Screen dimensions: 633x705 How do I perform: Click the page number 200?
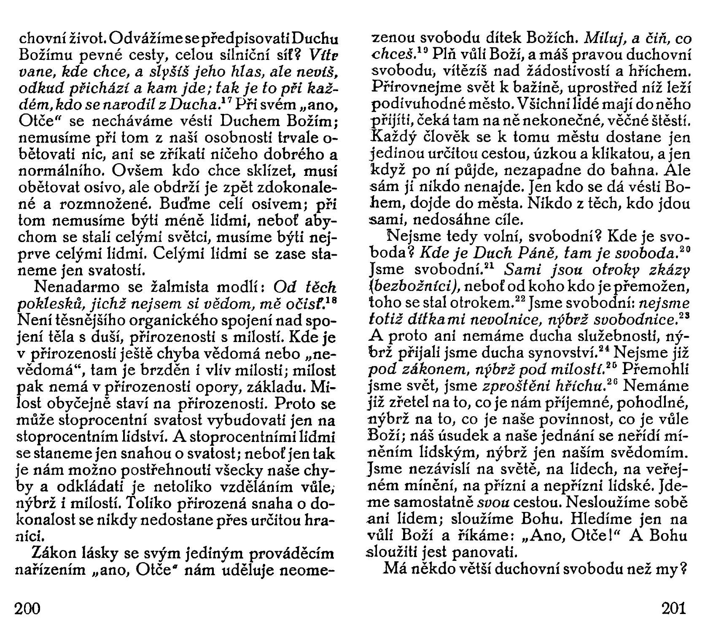pyautogui.click(x=27, y=609)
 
